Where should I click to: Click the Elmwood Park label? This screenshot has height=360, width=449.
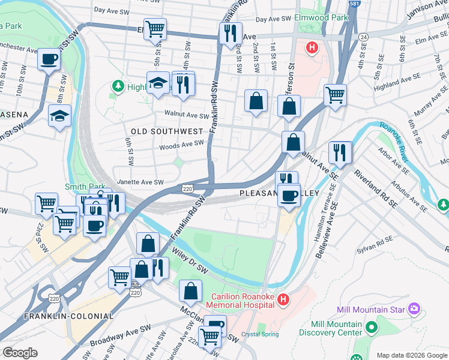(322, 18)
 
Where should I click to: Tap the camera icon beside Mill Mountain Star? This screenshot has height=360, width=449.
(414, 309)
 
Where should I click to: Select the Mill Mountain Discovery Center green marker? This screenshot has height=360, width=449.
(371, 328)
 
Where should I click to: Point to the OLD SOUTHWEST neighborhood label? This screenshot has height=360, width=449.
(167, 131)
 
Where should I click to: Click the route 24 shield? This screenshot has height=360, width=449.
(363, 37)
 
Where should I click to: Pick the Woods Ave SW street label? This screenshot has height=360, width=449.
(181, 144)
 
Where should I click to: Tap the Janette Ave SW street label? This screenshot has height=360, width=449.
(141, 182)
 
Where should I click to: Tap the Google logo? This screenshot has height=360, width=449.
(20, 352)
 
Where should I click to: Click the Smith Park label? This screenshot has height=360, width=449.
(85, 187)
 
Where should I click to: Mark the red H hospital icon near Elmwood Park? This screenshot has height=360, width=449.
(312, 47)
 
